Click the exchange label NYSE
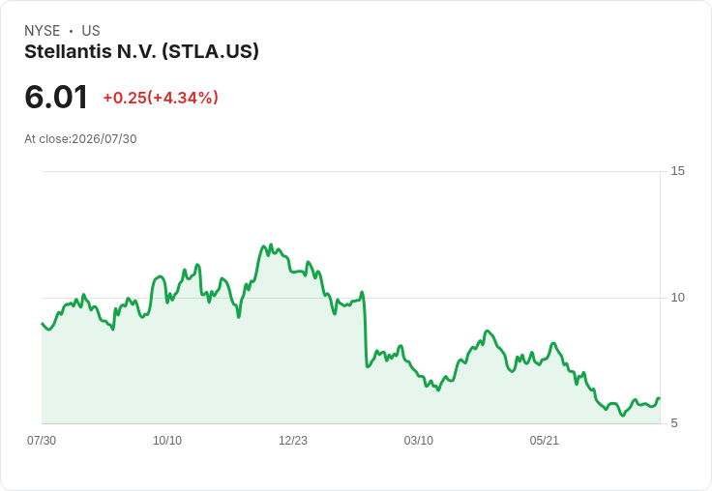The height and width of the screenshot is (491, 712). (x=43, y=31)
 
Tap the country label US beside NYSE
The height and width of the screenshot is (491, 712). (x=91, y=31)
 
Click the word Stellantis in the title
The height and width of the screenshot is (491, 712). (x=68, y=51)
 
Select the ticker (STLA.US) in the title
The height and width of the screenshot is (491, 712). (x=211, y=52)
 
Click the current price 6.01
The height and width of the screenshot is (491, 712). (x=56, y=97)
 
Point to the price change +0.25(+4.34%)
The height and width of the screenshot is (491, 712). (x=161, y=98)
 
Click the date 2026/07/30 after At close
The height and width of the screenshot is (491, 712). (x=104, y=139)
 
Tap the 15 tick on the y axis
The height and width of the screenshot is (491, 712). (x=677, y=171)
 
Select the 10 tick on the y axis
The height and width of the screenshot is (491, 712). (x=677, y=298)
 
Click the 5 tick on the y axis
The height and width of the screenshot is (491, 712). (x=674, y=423)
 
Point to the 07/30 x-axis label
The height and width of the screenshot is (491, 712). (x=42, y=441)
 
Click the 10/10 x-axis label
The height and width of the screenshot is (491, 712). (x=167, y=441)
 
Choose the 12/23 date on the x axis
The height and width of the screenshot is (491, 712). (x=293, y=441)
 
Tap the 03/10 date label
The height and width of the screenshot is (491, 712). (x=419, y=441)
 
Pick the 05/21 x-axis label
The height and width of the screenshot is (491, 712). (x=544, y=441)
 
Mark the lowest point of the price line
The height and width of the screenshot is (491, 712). (x=623, y=416)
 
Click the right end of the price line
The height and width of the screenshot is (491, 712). (x=660, y=398)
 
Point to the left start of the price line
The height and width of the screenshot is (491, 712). (x=43, y=324)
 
